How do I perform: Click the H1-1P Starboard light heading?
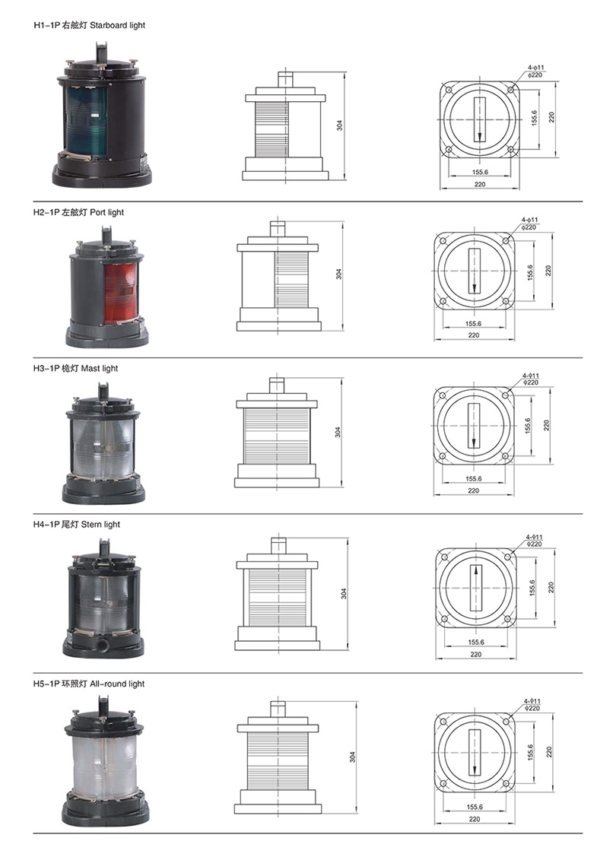coord(90,25)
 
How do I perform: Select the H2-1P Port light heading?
coord(78,213)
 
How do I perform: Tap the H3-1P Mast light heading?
coord(75,369)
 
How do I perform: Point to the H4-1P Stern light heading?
coord(77,525)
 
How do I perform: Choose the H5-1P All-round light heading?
coord(89,684)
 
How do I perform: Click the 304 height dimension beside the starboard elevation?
coord(339,125)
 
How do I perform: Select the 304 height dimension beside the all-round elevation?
coord(353,757)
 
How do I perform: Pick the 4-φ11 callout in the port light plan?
coord(530,221)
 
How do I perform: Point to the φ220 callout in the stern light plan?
coord(535,544)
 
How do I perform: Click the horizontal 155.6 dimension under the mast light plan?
coord(474,478)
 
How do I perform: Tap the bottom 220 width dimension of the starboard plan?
coord(480,185)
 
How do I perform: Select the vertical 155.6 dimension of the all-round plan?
coord(531,753)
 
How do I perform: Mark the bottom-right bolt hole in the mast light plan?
coord(505,456)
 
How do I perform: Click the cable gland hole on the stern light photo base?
coord(100,644)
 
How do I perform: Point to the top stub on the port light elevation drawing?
coord(278,229)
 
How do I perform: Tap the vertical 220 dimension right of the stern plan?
coord(551,588)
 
